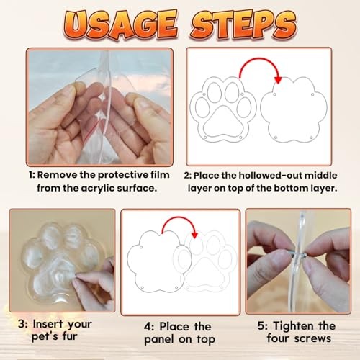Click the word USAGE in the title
click(121, 24)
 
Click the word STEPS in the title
click(244, 24)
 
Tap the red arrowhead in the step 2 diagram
click(278, 80)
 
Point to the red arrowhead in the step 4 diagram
click(194, 235)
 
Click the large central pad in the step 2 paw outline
click(223, 122)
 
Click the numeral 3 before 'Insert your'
click(21, 324)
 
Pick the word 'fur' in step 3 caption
click(70, 336)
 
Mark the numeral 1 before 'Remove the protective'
click(31, 175)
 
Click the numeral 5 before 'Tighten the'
click(261, 326)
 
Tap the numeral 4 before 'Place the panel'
click(148, 327)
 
